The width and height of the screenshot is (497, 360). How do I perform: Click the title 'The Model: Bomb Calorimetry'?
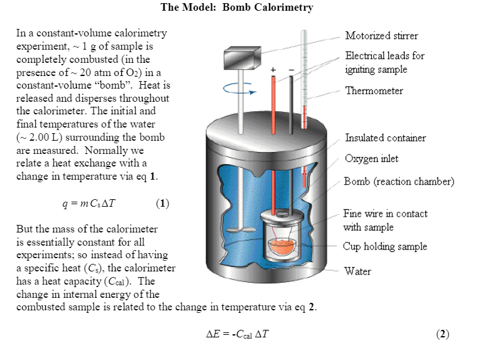point(237,8)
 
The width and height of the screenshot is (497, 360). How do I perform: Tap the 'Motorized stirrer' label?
point(381,36)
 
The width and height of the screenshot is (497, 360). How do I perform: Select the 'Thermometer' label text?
point(374,91)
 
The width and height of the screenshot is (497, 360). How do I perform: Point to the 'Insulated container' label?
point(385,138)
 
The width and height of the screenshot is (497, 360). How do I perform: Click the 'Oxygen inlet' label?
point(371,158)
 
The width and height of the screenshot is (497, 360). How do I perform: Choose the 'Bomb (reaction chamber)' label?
point(398,182)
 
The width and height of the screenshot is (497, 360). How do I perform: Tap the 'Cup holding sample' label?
point(385,246)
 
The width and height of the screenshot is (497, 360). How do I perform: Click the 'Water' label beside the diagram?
point(357,271)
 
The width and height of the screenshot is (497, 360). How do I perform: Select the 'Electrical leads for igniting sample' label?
point(385,62)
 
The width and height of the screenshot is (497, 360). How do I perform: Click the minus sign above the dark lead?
point(290,68)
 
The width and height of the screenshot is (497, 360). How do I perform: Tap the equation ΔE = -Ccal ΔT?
point(238,334)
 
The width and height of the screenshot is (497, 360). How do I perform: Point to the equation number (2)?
point(442,334)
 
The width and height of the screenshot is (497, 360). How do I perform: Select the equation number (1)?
point(162,204)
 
